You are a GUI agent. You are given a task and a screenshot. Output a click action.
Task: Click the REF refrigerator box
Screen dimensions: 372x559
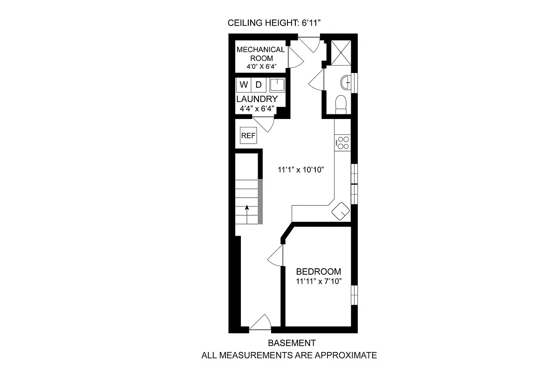(248, 136)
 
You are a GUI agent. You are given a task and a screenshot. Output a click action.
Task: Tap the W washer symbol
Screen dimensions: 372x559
(244, 85)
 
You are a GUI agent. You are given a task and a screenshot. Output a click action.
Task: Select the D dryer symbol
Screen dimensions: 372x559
(259, 85)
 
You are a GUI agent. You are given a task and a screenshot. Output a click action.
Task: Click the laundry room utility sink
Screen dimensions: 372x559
(277, 85)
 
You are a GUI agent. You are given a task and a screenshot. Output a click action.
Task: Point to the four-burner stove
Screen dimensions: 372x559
(342, 142)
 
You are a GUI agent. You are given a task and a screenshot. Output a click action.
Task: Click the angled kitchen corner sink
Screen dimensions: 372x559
(341, 212)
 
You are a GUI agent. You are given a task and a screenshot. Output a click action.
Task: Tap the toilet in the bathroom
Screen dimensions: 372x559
(341, 103)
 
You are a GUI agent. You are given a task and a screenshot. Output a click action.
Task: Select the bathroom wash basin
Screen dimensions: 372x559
(347, 82)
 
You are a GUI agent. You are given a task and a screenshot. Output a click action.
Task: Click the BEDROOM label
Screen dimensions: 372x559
(319, 272)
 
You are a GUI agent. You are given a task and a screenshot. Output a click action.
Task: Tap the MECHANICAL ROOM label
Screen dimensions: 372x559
(260, 54)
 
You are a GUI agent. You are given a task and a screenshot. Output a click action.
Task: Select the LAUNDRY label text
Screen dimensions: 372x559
(257, 99)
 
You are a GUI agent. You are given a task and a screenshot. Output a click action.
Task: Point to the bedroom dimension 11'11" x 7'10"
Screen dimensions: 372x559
(319, 282)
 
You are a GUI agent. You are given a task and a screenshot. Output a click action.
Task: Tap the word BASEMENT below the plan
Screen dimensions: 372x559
(292, 343)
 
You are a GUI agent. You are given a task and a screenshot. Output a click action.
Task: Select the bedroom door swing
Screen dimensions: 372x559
(276, 256)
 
